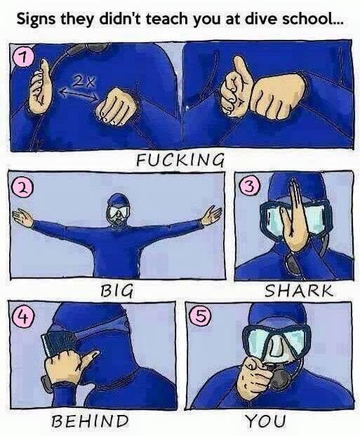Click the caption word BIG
(116, 291)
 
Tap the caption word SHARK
(298, 291)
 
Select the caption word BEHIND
(91, 421)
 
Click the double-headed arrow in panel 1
(79, 94)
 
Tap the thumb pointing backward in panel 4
(90, 359)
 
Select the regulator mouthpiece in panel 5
(279, 379)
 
